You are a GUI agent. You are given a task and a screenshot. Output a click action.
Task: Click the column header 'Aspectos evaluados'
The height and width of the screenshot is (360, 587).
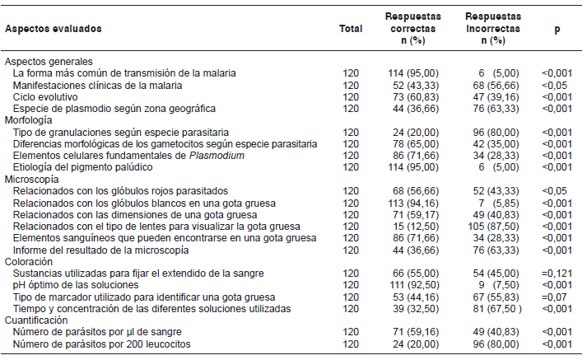[54, 28]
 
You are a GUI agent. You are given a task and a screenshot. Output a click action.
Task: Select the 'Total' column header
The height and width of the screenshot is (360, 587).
[351, 28]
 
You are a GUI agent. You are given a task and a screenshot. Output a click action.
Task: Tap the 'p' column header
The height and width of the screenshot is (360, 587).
[557, 28]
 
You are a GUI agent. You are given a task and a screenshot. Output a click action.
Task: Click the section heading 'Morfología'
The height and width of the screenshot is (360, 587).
[30, 119]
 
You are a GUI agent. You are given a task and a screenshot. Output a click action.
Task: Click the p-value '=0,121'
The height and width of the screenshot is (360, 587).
[557, 273]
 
